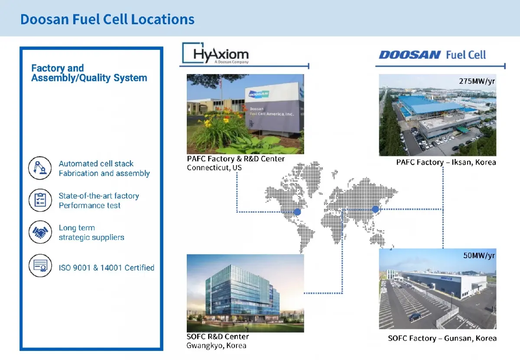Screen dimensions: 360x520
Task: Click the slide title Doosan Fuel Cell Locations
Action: coord(107,19)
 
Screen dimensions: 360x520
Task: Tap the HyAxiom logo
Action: coord(216,54)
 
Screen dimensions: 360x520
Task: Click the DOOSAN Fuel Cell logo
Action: coord(432,55)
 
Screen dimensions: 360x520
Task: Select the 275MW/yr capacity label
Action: coord(476,81)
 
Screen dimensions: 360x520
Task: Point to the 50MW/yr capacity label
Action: coord(478,255)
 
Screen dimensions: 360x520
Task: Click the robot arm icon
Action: coord(40,168)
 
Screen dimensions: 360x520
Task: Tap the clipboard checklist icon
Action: coord(40,200)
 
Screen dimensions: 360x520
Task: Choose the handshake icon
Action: coord(40,232)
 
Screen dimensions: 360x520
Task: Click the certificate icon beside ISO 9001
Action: coord(40,266)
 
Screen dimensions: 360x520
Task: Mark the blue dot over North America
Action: coord(297,212)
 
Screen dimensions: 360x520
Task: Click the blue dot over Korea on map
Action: coord(375,210)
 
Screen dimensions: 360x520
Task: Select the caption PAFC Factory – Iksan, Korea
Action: coord(446,162)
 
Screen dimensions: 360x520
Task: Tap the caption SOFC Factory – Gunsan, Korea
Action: coord(442,338)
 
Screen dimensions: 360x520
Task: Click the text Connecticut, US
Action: coord(214,168)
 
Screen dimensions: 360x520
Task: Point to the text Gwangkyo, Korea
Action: coord(216,345)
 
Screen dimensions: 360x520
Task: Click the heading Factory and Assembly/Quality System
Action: coord(89,73)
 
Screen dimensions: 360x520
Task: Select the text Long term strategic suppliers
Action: coord(91,233)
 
